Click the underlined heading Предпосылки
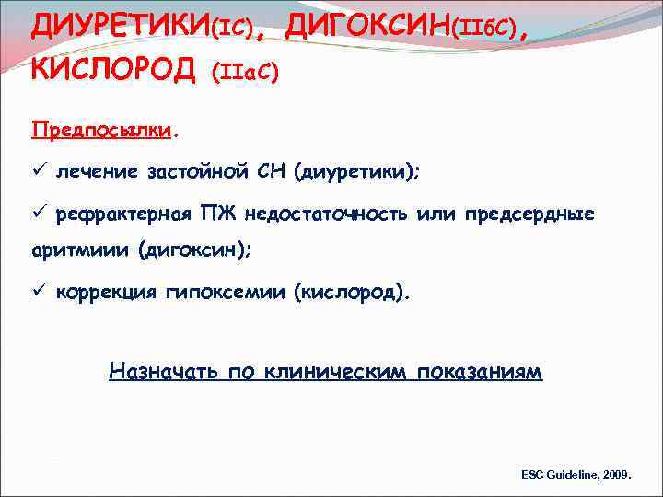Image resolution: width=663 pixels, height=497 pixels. click(102, 129)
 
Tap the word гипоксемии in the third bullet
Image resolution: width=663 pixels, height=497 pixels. click(227, 293)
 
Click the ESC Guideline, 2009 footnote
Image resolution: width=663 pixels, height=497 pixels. click(576, 474)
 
